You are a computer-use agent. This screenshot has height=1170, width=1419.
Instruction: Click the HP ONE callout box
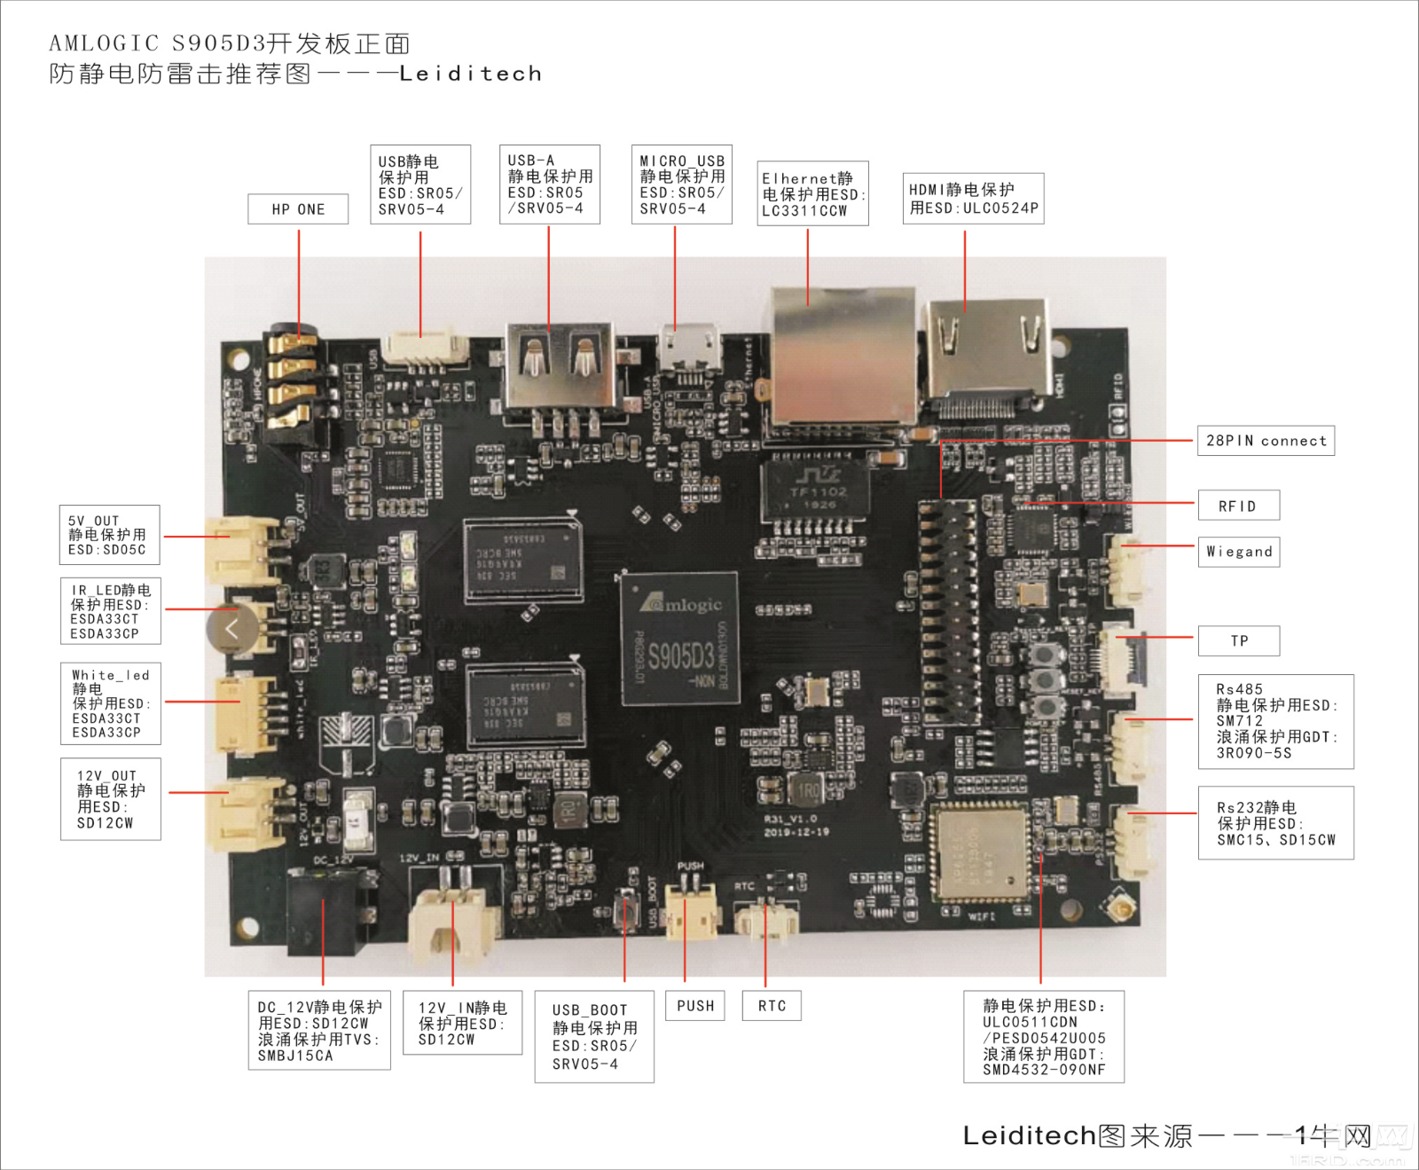click(x=298, y=209)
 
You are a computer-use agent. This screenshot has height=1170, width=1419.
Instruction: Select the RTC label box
click(x=772, y=1006)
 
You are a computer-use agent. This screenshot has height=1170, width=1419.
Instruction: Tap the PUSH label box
click(x=695, y=1006)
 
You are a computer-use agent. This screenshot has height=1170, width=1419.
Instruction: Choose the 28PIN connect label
click(x=1266, y=441)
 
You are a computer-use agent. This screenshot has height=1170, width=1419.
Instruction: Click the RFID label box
click(x=1238, y=506)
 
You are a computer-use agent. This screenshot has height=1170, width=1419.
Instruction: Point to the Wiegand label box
click(x=1239, y=552)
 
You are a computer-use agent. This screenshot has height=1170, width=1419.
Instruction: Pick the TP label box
click(x=1239, y=640)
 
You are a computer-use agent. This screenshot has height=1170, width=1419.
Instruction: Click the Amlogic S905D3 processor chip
click(x=679, y=639)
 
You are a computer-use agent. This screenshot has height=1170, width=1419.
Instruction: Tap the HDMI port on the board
click(x=986, y=355)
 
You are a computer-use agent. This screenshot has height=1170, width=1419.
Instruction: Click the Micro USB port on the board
click(x=688, y=350)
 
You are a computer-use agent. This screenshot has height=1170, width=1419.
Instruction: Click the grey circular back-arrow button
click(x=232, y=629)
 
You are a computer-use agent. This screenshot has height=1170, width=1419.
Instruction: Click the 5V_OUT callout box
click(x=110, y=535)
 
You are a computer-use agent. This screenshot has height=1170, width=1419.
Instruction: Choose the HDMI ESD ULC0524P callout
click(x=973, y=199)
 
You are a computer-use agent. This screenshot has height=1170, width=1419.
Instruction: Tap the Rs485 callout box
click(x=1275, y=721)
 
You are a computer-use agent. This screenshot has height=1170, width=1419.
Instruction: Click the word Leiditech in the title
click(x=470, y=74)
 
